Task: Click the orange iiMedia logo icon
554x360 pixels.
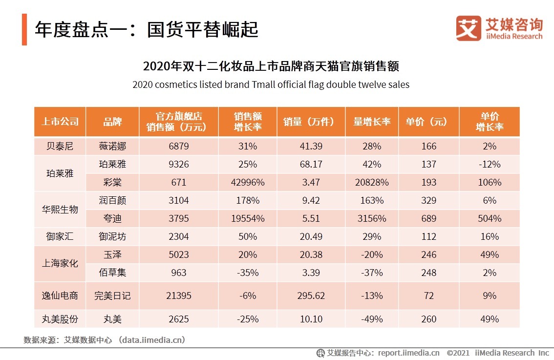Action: [468, 28]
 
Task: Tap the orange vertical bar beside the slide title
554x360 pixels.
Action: [24, 30]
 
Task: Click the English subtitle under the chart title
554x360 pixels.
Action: [271, 85]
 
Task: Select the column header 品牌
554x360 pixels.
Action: [112, 122]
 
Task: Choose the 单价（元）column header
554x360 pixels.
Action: [428, 122]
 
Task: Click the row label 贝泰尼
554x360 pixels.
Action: [60, 146]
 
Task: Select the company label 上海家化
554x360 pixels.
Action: [60, 264]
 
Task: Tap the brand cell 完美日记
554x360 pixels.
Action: [112, 296]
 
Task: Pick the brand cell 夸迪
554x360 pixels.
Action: [112, 218]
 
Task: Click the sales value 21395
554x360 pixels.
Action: [179, 296]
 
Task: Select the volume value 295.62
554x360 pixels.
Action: [311, 296]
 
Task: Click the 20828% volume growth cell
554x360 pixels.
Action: [372, 182]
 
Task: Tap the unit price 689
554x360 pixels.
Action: [428, 218]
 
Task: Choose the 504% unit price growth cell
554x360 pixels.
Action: [489, 218]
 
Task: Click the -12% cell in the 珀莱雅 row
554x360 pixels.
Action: [489, 164]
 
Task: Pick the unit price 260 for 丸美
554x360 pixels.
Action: [428, 319]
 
